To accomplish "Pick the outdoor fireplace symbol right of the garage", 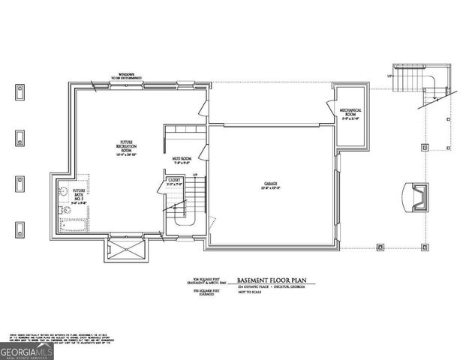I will tap(414, 197).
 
